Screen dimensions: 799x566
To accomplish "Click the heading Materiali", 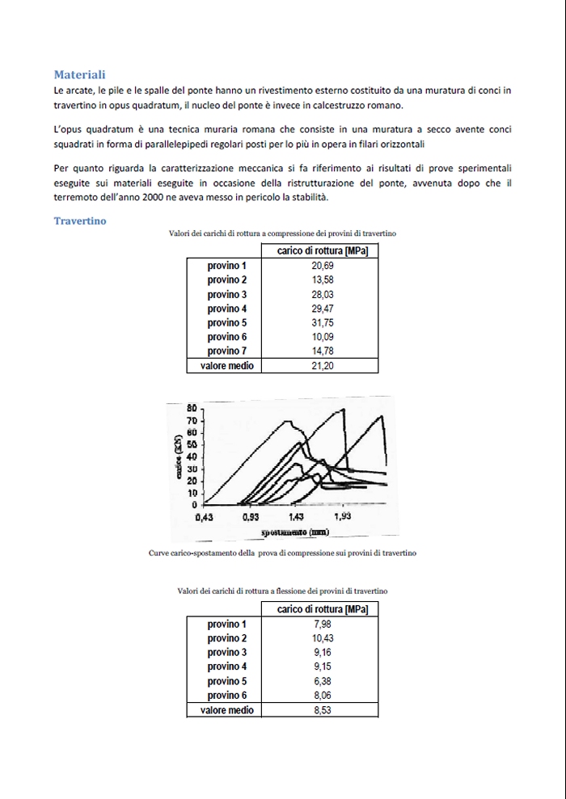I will (x=79, y=74).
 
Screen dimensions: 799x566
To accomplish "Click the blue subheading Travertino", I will (x=80, y=221).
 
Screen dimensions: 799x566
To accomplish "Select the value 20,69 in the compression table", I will (x=323, y=266).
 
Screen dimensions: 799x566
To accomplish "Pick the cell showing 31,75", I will (x=323, y=322).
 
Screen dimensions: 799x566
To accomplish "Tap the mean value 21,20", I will (x=323, y=366).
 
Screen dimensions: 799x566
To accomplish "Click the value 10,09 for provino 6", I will (x=323, y=337).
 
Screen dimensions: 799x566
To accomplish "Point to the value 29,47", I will (x=323, y=309).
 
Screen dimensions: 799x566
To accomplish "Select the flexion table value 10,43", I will (x=323, y=638).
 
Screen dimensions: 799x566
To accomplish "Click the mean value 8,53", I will (x=323, y=710).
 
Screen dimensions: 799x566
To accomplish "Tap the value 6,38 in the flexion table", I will (x=323, y=681).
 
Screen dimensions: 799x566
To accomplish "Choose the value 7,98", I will (x=323, y=624).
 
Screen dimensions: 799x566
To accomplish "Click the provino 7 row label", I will (x=226, y=351).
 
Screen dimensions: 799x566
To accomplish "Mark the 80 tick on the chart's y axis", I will (x=192, y=409).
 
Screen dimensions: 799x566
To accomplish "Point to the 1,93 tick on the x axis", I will (x=342, y=516).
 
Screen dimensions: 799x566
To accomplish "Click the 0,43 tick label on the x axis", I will (x=204, y=517).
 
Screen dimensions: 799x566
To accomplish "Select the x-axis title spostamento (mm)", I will (x=294, y=533).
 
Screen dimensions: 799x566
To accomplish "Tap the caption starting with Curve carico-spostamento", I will (x=282, y=553).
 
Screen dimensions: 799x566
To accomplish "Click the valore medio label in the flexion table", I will (x=226, y=710).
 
